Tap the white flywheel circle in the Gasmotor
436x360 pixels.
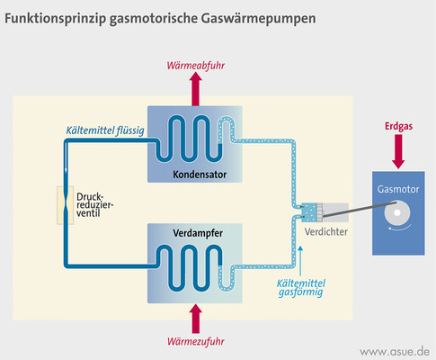(x=396, y=215)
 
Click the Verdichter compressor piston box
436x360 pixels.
(x=315, y=212)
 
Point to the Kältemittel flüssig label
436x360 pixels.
(x=106, y=131)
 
